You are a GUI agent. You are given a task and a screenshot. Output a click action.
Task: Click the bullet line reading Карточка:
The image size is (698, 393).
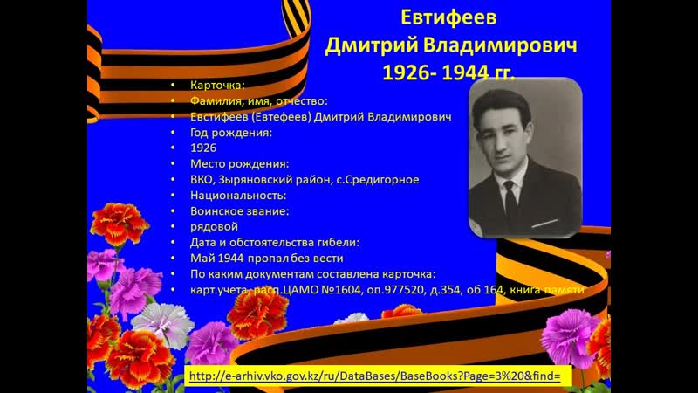coord(218,86)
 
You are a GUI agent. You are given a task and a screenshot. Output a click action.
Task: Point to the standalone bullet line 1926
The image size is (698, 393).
coord(203,148)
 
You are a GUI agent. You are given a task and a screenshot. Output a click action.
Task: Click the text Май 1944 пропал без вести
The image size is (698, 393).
coord(260,258)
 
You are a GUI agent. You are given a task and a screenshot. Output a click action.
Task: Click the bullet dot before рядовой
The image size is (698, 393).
coord(174,226)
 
